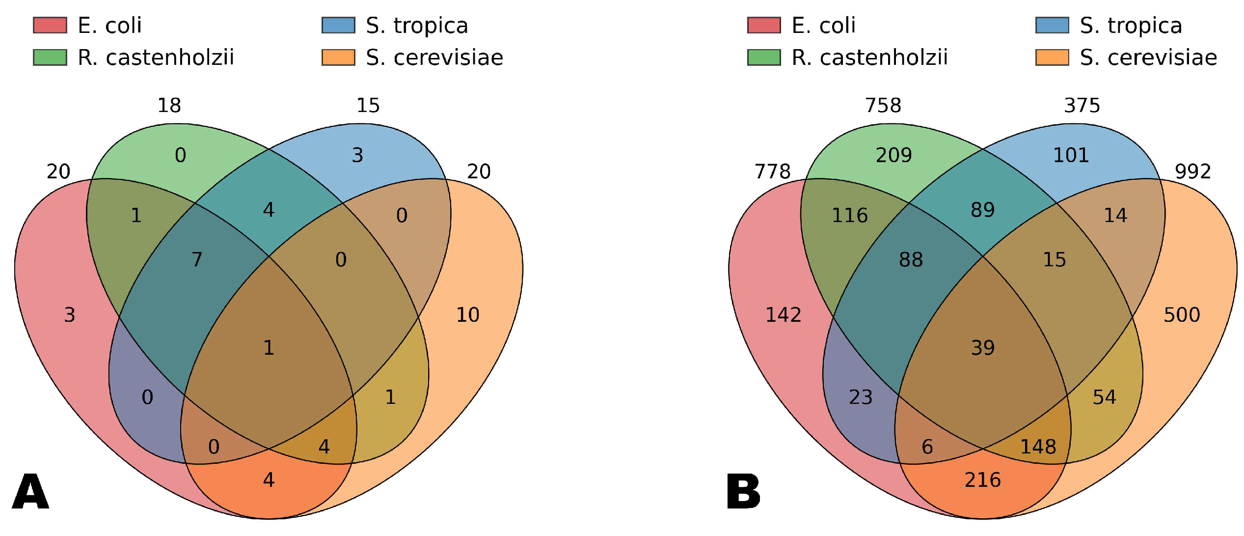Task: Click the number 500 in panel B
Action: pyautogui.click(x=1182, y=315)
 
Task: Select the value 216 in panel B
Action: pyautogui.click(x=982, y=480)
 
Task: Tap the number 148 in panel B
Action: pyautogui.click(x=1038, y=447)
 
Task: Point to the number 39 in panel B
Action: pyautogui.click(x=982, y=348)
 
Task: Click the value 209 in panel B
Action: pyautogui.click(x=893, y=155)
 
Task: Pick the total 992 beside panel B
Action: pyautogui.click(x=1192, y=172)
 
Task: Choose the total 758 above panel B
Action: pyautogui.click(x=883, y=106)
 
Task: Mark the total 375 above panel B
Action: pyautogui.click(x=1082, y=106)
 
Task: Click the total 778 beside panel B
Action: pyautogui.click(x=772, y=172)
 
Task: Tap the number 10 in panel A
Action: pyautogui.click(x=467, y=315)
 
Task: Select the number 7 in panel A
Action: pyautogui.click(x=197, y=260)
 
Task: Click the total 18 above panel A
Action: pyautogui.click(x=169, y=106)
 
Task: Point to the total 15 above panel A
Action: pyautogui.click(x=368, y=106)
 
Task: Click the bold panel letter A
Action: pyautogui.click(x=30, y=492)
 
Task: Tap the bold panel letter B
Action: pyautogui.click(x=743, y=492)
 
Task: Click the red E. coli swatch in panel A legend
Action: pyautogui.click(x=50, y=25)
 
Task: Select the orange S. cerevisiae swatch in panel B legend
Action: pyautogui.click(x=1052, y=57)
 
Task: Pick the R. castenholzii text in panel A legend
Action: pyautogui.click(x=156, y=57)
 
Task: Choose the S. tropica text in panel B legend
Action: pyautogui.click(x=1131, y=26)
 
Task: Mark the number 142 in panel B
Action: pyautogui.click(x=783, y=315)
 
